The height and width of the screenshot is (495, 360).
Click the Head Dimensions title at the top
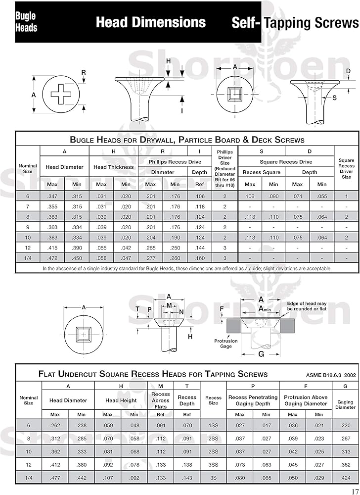[x=150, y=22]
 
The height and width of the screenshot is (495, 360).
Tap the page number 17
[x=354, y=491]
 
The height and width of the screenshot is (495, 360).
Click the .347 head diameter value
[x=52, y=197]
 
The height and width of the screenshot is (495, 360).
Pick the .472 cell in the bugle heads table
[x=52, y=258]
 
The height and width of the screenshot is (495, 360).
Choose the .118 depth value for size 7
[x=200, y=207]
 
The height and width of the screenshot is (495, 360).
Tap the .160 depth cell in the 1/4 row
[x=200, y=258]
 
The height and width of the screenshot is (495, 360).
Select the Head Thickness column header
[x=114, y=167]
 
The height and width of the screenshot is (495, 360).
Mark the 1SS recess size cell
[x=213, y=425]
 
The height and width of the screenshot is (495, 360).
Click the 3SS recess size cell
[x=213, y=465]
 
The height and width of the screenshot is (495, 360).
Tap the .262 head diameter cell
[x=55, y=425]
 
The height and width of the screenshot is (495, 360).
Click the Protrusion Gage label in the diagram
[x=226, y=344]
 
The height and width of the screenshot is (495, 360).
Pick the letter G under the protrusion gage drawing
[x=261, y=354]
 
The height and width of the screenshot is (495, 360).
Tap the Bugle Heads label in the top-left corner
[x=26, y=22]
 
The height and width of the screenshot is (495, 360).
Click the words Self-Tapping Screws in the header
[x=295, y=23]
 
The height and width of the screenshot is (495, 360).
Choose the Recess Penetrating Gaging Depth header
[x=253, y=400]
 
